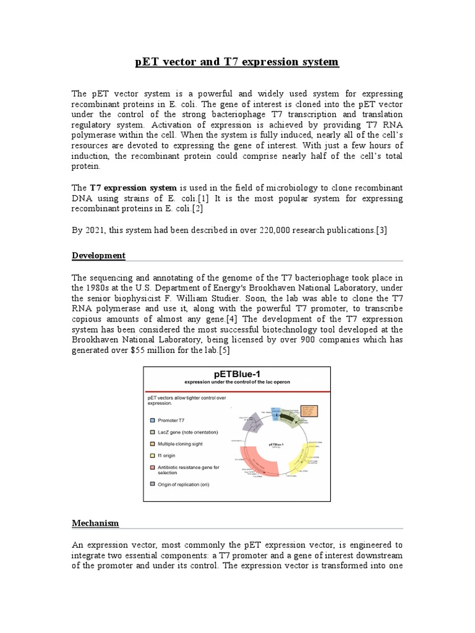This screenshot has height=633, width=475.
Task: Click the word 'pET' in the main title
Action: click(147, 62)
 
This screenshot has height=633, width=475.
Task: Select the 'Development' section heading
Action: click(98, 255)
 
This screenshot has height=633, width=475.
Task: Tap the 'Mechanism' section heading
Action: click(95, 523)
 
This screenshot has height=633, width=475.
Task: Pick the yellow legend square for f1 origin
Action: click(153, 456)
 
